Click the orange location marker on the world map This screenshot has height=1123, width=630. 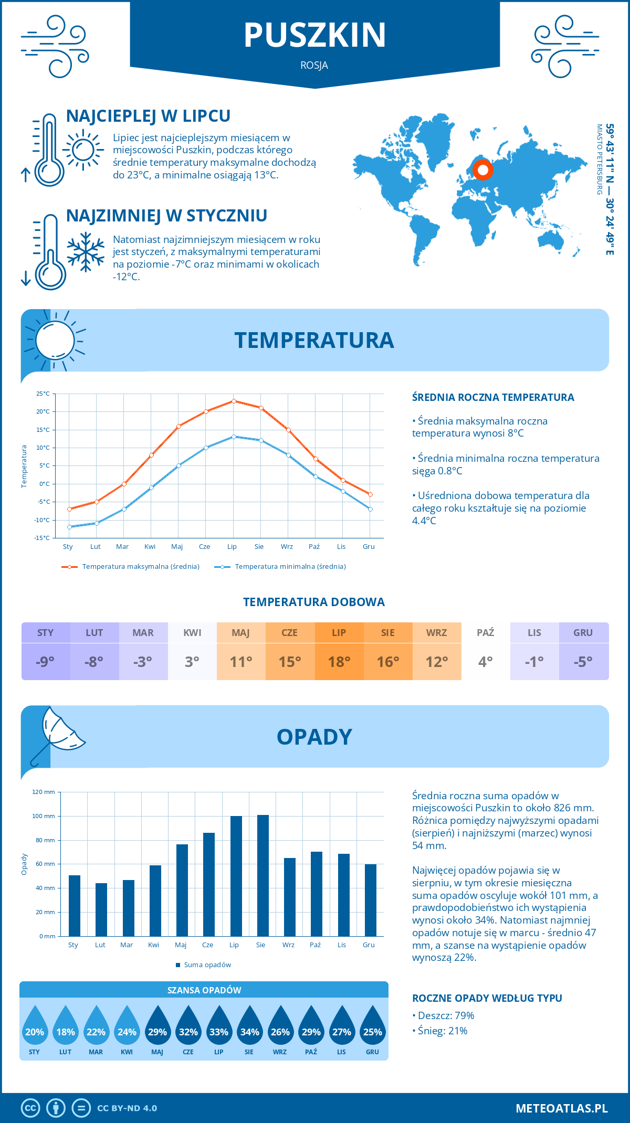point(482,170)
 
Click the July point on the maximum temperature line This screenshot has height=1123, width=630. point(234,401)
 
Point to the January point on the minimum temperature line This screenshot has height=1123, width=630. point(69,527)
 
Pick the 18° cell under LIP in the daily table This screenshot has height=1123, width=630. point(339,662)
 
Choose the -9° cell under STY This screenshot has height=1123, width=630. point(45,662)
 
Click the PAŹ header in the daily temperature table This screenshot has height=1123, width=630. point(486,632)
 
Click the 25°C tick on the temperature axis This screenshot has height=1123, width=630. point(43,394)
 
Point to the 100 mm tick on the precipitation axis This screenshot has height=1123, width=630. point(44,816)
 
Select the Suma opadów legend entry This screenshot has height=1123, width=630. point(207,965)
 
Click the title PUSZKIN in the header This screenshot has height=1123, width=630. point(315,35)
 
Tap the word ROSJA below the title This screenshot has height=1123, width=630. point(314,66)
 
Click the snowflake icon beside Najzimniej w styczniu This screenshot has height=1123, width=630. point(86,252)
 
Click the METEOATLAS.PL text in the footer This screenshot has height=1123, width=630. point(562,1108)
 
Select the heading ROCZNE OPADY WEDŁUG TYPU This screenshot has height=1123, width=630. point(487,998)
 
